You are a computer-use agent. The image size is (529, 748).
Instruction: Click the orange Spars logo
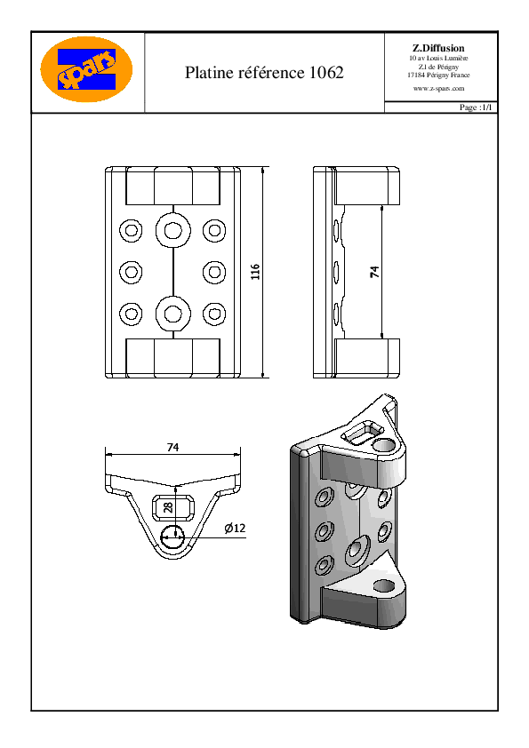click(86, 69)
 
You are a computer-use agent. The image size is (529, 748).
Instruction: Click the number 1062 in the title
click(326, 73)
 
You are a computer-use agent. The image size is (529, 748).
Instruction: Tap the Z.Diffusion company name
click(438, 48)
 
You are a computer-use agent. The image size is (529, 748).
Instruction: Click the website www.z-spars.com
click(438, 88)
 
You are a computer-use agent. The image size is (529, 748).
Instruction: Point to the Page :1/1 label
click(475, 107)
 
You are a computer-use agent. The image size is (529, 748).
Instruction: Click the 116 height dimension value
click(255, 272)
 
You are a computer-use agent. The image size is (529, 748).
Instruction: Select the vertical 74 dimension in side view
click(375, 272)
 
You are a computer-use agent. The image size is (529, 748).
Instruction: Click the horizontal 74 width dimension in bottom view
click(172, 448)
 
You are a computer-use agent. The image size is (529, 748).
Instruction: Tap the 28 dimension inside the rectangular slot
click(168, 507)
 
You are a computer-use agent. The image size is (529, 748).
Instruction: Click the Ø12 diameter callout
click(235, 528)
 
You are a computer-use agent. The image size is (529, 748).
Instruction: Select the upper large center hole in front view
click(172, 230)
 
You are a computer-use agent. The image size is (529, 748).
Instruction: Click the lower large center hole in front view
click(172, 314)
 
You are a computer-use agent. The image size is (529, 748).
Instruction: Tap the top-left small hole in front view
click(131, 230)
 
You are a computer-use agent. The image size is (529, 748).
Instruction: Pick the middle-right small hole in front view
click(214, 272)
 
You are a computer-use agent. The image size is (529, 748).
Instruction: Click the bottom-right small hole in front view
click(214, 314)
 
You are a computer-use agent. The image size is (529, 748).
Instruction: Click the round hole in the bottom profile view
click(172, 537)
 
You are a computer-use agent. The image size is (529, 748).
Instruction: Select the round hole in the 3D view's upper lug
click(384, 446)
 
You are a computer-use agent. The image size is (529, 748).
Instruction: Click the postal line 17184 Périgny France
click(438, 75)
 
